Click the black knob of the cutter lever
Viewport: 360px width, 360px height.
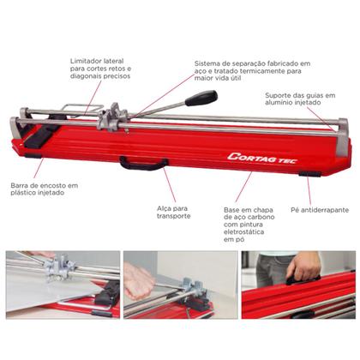(x=201, y=98)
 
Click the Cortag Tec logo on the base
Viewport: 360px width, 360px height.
(x=262, y=158)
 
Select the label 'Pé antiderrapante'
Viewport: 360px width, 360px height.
(x=320, y=210)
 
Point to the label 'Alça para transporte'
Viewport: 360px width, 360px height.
(x=174, y=213)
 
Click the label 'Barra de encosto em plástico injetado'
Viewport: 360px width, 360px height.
(x=45, y=189)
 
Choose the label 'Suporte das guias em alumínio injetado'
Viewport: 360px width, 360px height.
(x=300, y=99)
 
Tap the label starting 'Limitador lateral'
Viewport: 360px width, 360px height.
(x=100, y=69)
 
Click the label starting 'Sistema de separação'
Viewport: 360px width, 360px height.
(x=252, y=70)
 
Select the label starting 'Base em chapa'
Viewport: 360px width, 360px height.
(x=249, y=225)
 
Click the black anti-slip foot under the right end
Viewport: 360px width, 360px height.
(x=309, y=174)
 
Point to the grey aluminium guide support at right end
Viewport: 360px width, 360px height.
(x=342, y=137)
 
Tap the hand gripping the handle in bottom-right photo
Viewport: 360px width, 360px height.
(x=303, y=266)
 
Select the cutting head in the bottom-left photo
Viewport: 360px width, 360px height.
(x=61, y=267)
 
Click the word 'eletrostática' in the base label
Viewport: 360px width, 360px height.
(x=243, y=231)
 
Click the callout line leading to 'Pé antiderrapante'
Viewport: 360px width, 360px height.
(x=309, y=191)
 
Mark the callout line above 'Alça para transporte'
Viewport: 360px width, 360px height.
(x=170, y=185)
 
